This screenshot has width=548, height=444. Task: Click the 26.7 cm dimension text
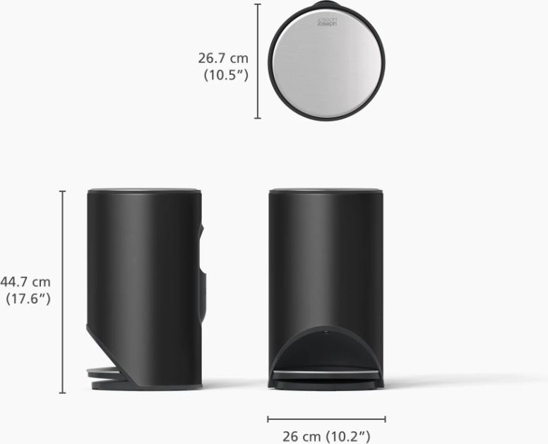[x=223, y=58]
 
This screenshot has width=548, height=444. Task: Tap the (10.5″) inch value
[x=226, y=75]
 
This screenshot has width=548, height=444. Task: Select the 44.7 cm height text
[x=25, y=282]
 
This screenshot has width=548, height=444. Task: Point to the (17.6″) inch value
[x=28, y=299]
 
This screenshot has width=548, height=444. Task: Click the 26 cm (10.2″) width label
[x=326, y=436]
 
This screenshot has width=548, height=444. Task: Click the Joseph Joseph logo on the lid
[x=327, y=22]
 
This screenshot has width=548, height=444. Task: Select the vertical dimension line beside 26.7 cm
[x=258, y=61]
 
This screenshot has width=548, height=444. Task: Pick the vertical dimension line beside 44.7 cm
[x=63, y=292]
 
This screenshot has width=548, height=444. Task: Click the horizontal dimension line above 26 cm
[x=326, y=419]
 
